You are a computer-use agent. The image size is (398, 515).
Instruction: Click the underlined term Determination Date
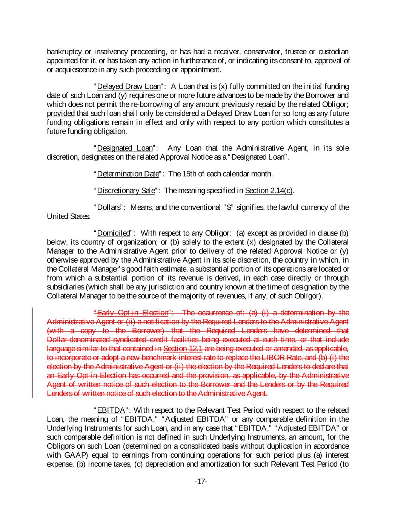click(128, 174)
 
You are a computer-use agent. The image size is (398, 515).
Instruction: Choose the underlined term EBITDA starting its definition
click(111, 410)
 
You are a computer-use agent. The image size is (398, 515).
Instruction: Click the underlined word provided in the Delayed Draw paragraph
click(60, 114)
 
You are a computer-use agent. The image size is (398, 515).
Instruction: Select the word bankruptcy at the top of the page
click(63, 52)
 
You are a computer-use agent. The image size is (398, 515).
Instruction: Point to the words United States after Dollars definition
click(63, 217)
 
